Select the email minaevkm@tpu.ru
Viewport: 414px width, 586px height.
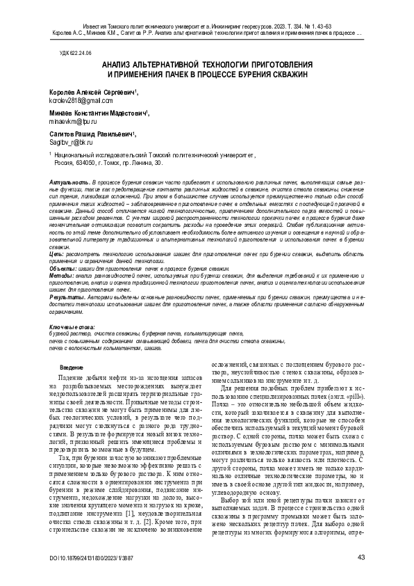(x=69, y=121)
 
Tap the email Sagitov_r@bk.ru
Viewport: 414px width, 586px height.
(x=67, y=141)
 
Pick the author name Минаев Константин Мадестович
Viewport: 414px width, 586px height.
(x=97, y=112)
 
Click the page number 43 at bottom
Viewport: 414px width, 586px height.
(x=361, y=557)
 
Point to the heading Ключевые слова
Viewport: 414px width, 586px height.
(x=72, y=326)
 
